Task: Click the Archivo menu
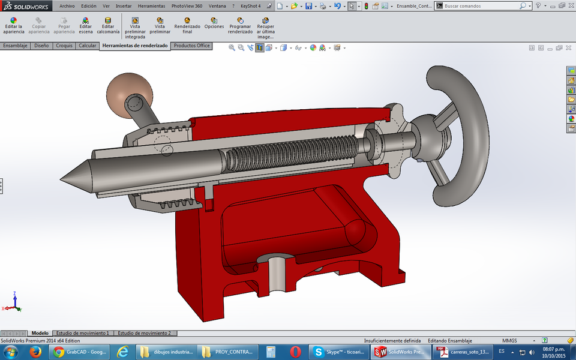click(67, 5)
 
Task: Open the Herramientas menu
click(151, 5)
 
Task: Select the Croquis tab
click(64, 46)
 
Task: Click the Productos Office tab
click(191, 46)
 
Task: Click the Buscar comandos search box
click(480, 5)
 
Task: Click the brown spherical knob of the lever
click(126, 92)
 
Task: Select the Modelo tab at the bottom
click(40, 333)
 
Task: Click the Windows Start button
click(10, 351)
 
